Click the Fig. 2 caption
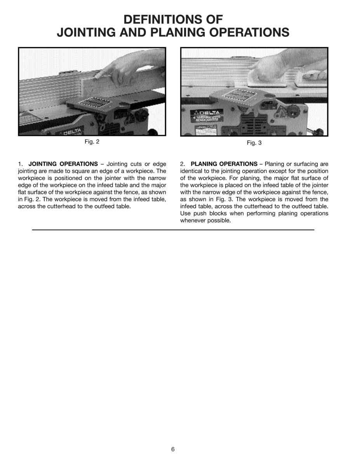92,142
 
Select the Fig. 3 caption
254,143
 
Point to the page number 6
173,449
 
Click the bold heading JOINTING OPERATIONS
63,164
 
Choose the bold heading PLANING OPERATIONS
224,164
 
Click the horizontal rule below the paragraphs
173,230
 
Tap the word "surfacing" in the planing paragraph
299,164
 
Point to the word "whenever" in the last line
194,221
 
